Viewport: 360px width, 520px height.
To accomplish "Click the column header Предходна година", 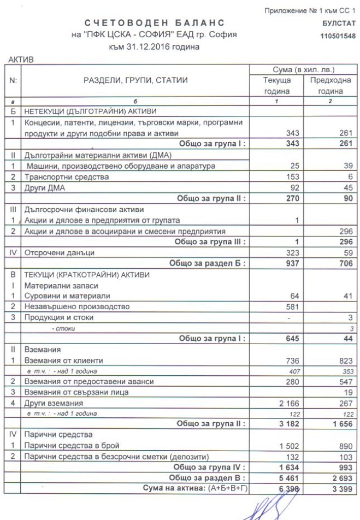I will pyautogui.click(x=331, y=86).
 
